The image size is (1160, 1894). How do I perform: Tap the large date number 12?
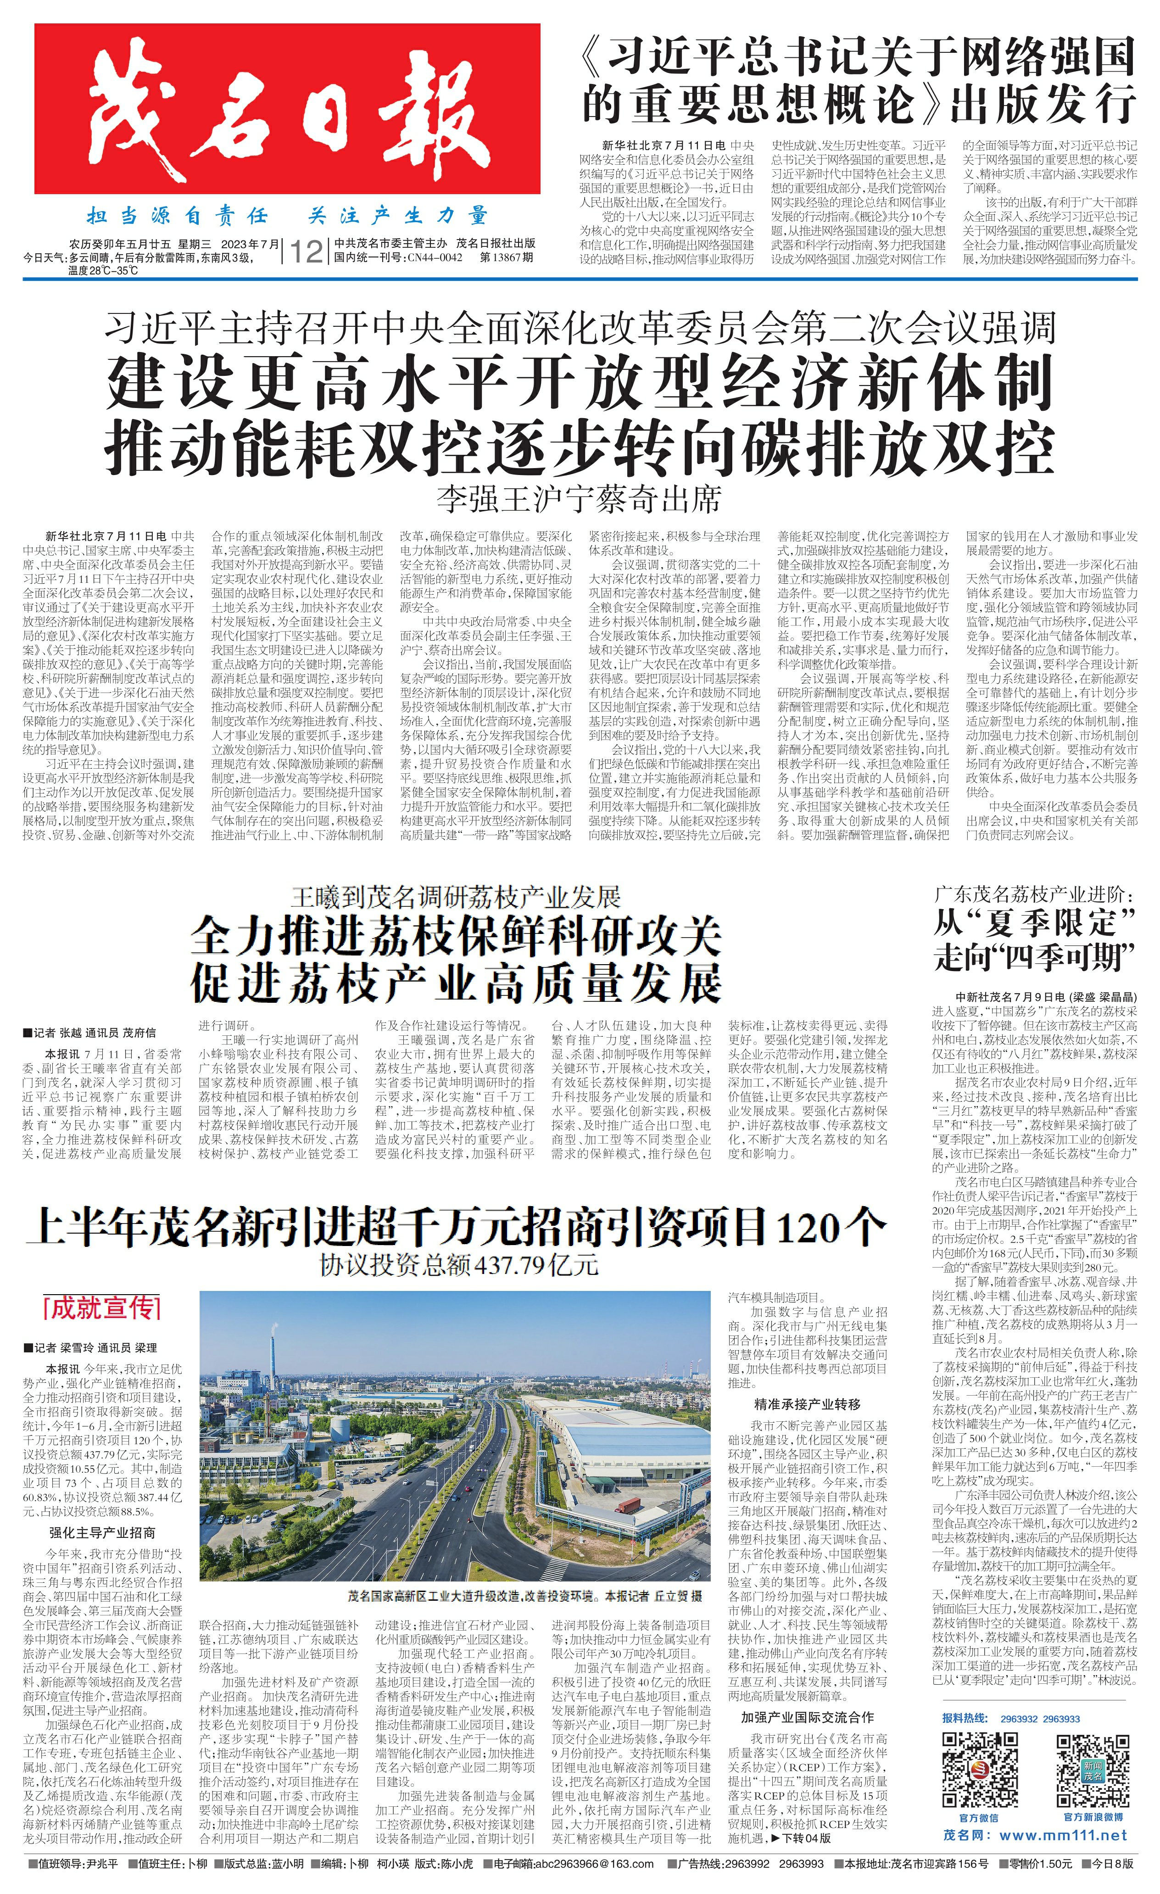point(304,251)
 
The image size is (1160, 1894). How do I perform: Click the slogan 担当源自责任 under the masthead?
point(177,216)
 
